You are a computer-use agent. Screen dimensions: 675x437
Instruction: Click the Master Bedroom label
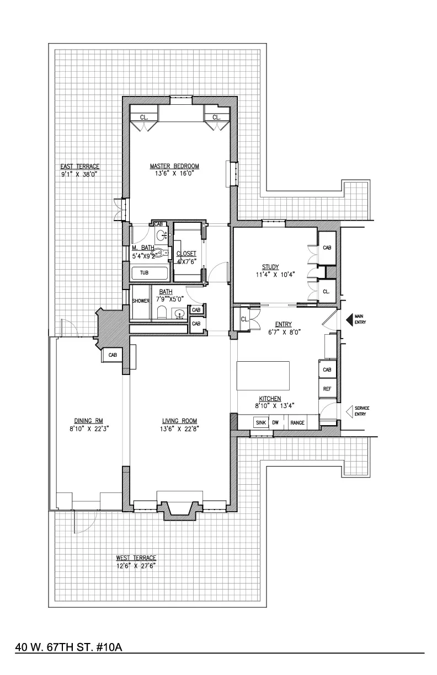tap(174, 166)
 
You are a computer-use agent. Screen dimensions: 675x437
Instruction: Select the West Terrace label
tap(136, 558)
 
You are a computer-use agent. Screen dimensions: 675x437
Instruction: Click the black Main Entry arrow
tap(349, 319)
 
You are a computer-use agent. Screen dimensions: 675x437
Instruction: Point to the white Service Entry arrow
tap(349, 411)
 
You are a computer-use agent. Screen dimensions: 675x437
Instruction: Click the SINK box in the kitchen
tap(260, 422)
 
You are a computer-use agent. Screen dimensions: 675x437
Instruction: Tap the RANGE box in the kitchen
tap(297, 422)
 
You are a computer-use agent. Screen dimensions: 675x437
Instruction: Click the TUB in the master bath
tap(145, 273)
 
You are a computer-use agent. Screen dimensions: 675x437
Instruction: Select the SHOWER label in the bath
tap(141, 301)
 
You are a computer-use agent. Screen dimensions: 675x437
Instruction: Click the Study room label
tap(270, 267)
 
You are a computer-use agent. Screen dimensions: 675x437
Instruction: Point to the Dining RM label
tap(88, 418)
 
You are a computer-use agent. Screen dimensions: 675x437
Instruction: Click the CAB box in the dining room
tap(112, 355)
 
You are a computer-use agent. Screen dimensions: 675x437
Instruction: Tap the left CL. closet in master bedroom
tap(143, 117)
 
